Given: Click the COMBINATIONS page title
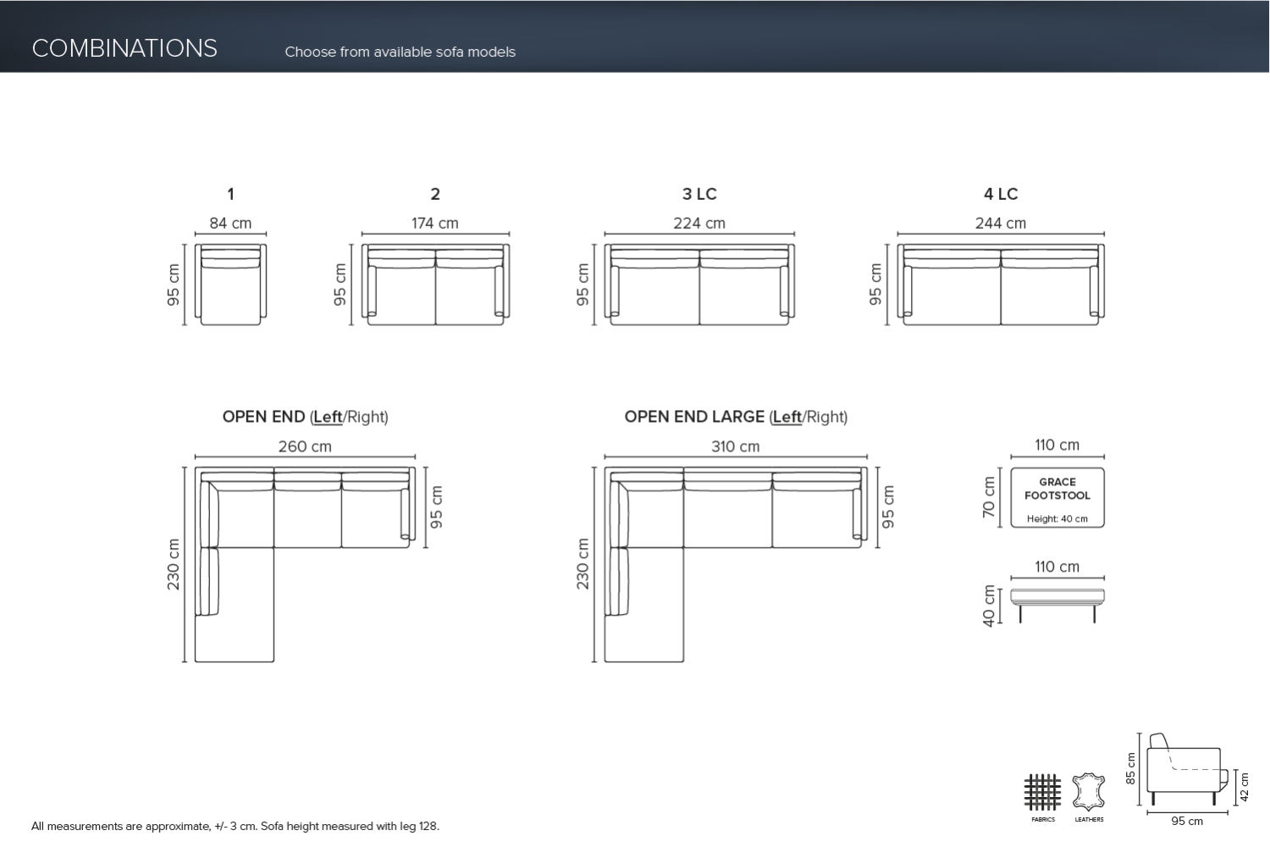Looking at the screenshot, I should point(124,48).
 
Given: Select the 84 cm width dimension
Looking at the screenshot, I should point(230,224).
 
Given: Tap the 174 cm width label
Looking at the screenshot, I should point(435,224).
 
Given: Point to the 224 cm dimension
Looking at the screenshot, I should point(699,224).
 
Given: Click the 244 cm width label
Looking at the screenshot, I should point(1001,224).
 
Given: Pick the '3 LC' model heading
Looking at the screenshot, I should point(699,194).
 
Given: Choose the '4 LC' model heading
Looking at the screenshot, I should point(1001,194).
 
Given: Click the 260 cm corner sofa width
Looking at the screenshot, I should point(305,446).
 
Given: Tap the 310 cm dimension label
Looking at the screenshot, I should point(735,446).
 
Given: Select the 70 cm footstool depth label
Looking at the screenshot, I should point(989,497).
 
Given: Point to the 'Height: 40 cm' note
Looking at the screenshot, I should point(1057,519).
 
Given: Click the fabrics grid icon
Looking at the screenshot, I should point(1042,792).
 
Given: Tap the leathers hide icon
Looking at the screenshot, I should point(1089,792).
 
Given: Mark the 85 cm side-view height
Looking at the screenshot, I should point(1131,768).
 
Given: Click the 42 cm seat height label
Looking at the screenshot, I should point(1244,787).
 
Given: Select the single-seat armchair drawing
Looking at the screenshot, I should point(230,285).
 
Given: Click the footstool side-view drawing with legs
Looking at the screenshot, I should point(1057,602).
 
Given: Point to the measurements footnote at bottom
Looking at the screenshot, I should point(235,826).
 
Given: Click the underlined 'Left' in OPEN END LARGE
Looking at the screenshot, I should point(787,417).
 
